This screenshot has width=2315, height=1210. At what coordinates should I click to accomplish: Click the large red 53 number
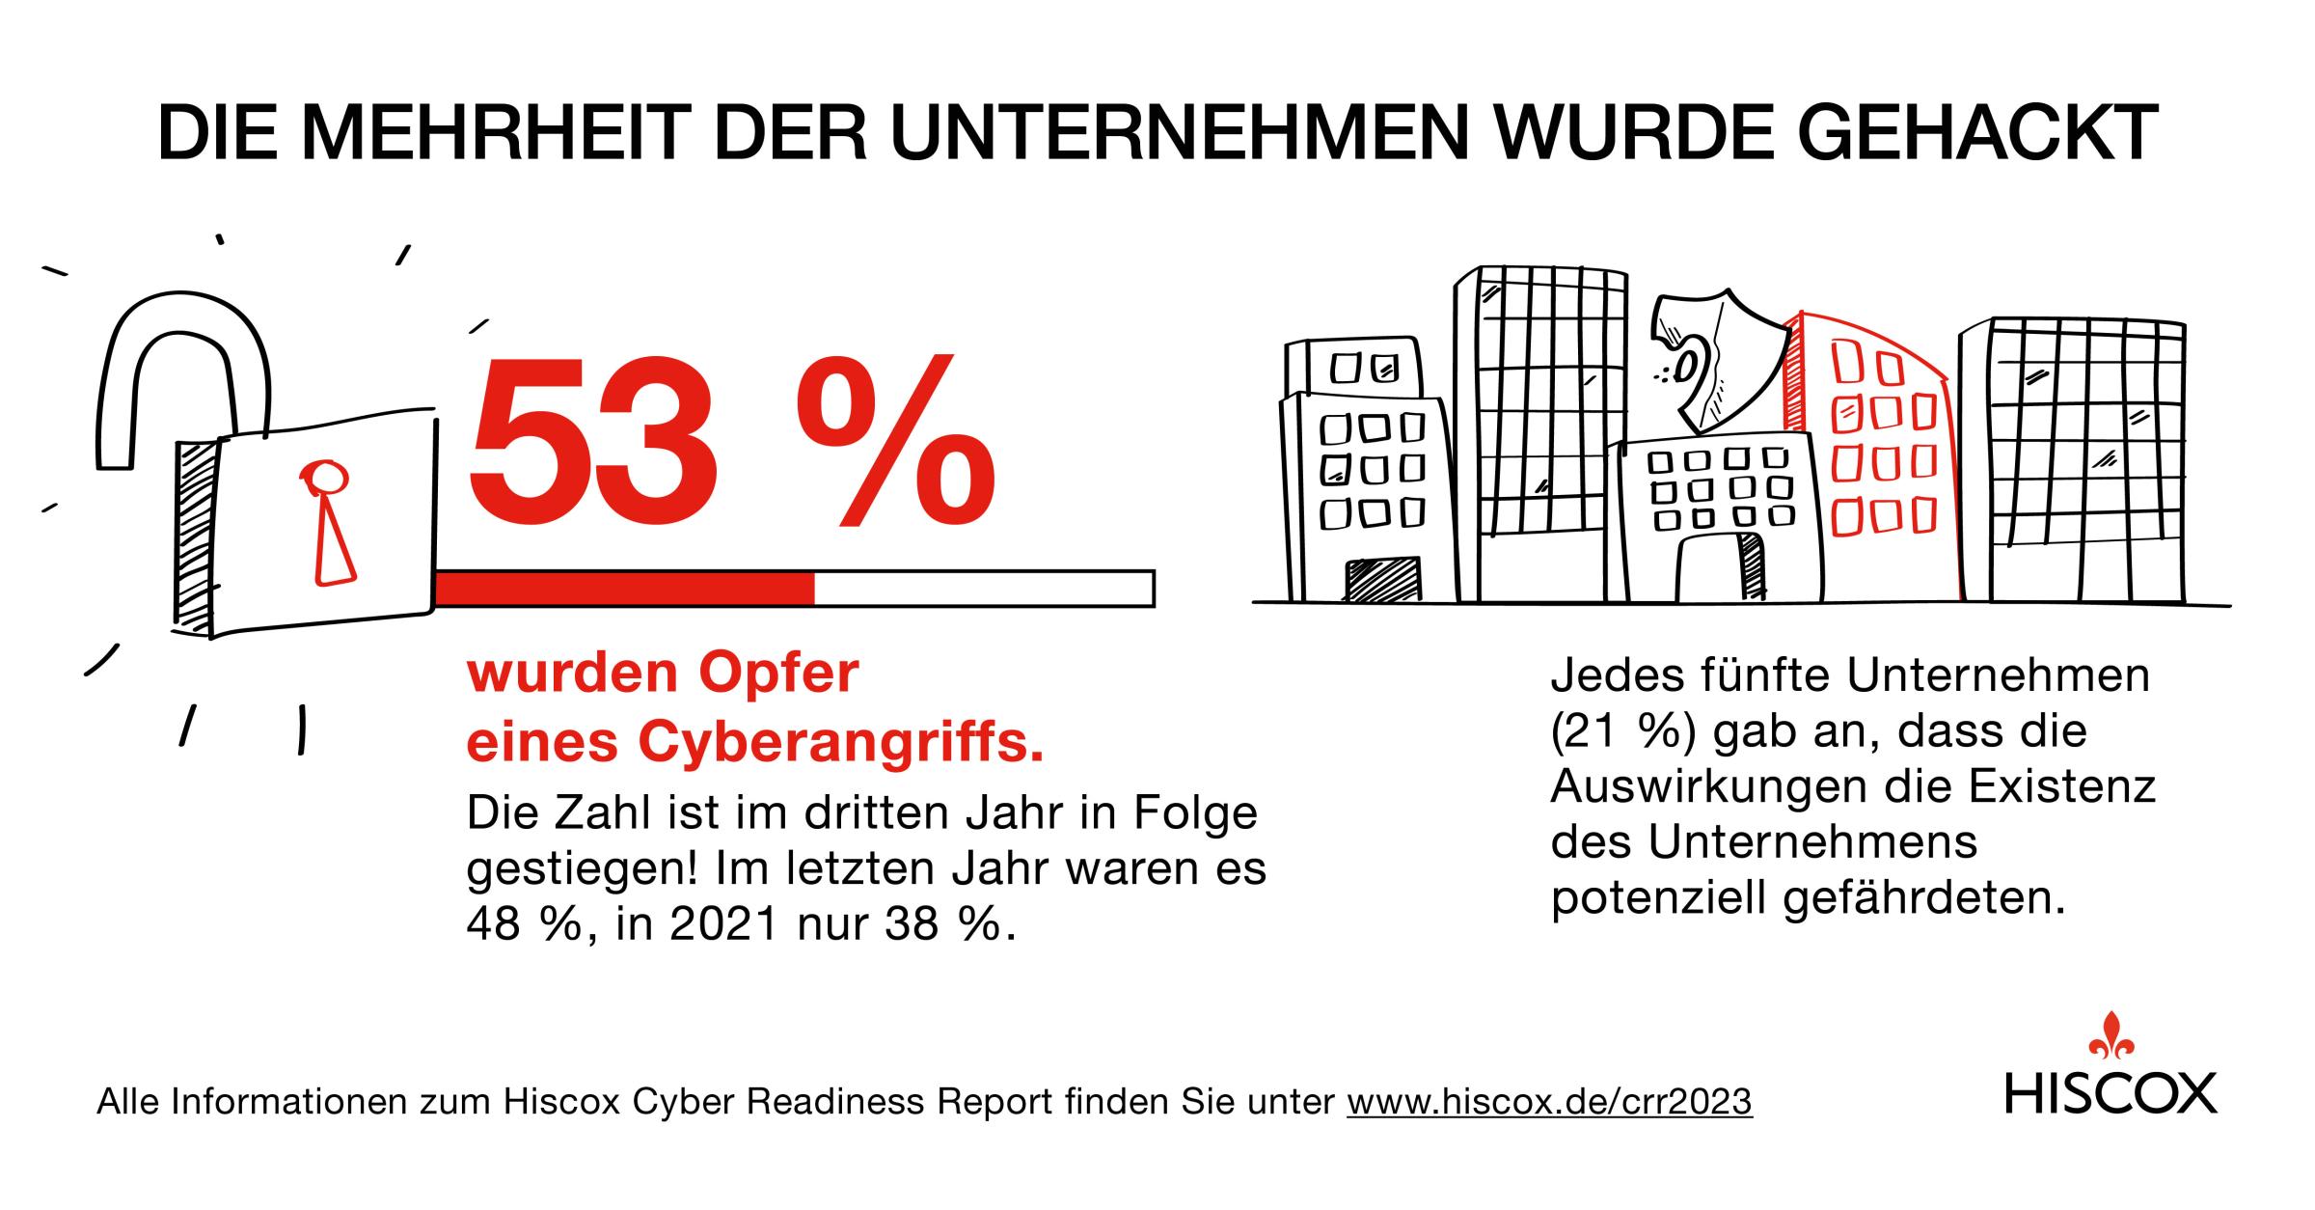[593, 441]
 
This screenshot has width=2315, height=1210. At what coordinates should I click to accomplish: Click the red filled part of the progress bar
[624, 588]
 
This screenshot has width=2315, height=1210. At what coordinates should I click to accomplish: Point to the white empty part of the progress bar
[984, 588]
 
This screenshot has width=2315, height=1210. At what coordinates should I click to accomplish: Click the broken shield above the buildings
[1717, 362]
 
